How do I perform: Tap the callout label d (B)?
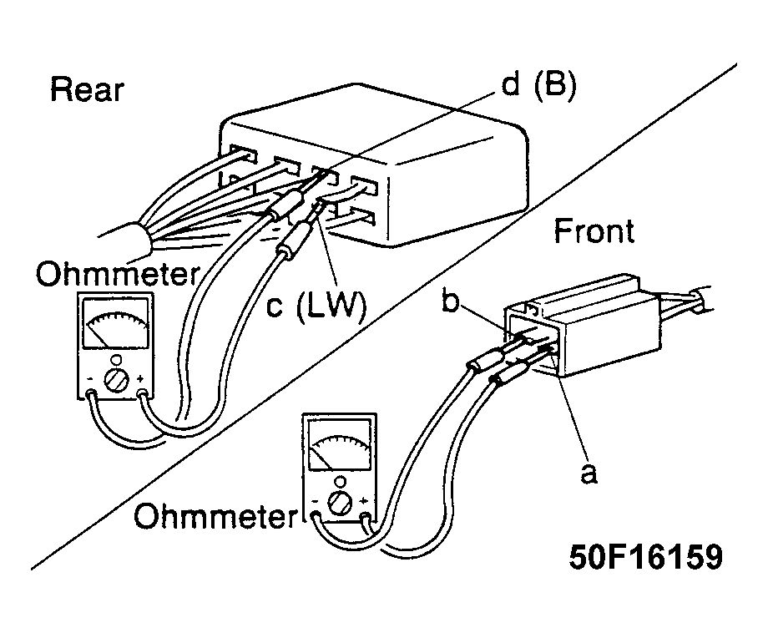(538, 85)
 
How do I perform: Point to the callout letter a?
(589, 473)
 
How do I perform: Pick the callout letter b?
(450, 300)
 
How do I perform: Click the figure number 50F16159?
(645, 557)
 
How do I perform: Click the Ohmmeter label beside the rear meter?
(118, 274)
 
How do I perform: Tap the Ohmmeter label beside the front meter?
(216, 516)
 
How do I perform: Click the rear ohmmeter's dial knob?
(115, 380)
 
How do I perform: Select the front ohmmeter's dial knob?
(339, 503)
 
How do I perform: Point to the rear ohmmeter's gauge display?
(117, 324)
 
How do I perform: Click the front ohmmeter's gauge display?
(340, 445)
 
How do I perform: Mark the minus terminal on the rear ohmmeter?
(91, 393)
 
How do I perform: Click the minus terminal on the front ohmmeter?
(316, 515)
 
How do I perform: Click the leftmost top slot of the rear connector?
(243, 153)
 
